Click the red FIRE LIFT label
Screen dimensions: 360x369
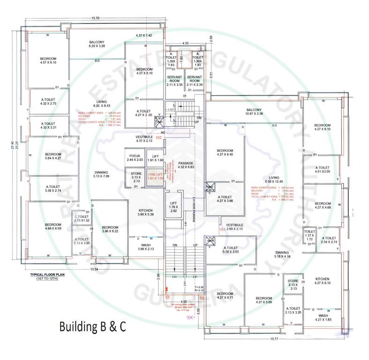click(x=155, y=176)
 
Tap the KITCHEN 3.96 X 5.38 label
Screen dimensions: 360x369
click(x=147, y=212)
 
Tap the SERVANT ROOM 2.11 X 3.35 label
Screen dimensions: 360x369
click(x=174, y=81)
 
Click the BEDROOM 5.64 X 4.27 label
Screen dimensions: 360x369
click(x=53, y=157)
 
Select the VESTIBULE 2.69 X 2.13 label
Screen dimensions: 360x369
click(x=233, y=227)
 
